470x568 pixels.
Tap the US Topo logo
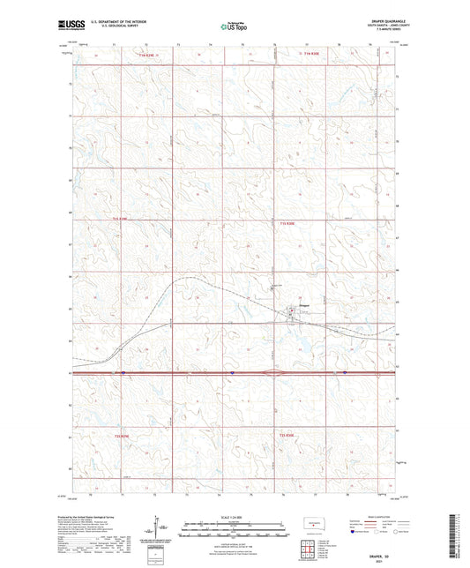233,27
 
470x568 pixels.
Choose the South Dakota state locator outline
312,523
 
